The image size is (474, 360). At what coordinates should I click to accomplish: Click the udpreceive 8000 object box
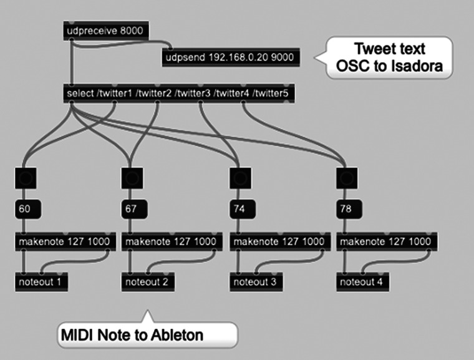point(106,31)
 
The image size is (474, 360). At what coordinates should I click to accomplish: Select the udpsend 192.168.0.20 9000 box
point(231,57)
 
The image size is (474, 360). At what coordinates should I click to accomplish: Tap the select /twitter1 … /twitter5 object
point(179,94)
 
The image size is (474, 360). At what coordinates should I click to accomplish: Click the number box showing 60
point(28,209)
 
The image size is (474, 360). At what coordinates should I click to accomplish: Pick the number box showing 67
point(135,209)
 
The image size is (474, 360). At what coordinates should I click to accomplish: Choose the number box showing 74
point(243,209)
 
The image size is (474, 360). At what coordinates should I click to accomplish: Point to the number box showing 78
point(349,209)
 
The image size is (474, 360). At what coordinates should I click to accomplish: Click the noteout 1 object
point(41,282)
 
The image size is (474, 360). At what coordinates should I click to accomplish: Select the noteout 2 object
point(148,282)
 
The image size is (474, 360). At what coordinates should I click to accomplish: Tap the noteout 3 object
point(256,282)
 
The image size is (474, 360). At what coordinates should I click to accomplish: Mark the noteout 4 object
point(363,282)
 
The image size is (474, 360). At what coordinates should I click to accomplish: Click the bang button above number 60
point(26,178)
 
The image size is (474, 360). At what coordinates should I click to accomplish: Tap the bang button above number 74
point(240,178)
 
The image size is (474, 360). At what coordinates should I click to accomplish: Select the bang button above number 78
point(347,178)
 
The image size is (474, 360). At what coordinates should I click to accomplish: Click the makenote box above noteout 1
point(65,241)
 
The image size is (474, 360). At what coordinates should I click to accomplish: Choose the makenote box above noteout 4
point(387,241)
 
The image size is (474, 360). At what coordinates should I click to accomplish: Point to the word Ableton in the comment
point(177,335)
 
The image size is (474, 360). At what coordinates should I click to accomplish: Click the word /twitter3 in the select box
point(193,94)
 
